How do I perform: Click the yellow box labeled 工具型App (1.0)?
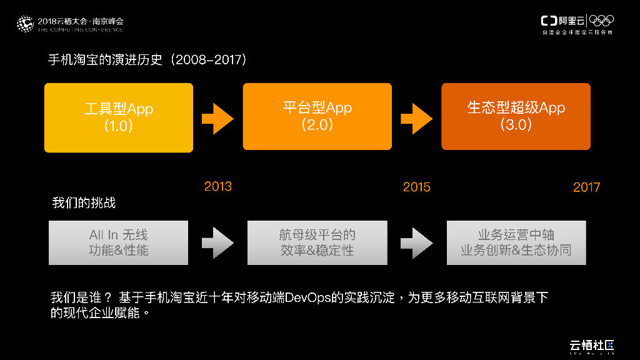point(118,117)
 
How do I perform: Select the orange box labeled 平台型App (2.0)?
point(317,116)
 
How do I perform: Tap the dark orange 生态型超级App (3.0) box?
point(516,116)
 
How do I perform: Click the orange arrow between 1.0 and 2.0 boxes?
point(217,117)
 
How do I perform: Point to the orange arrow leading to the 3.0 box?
point(416,117)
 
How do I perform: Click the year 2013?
point(217,186)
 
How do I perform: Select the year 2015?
point(416,187)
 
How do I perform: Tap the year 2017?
point(586,187)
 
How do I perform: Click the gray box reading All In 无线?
point(118,242)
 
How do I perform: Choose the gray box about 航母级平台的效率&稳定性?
point(317,242)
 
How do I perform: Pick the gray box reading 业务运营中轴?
point(516,242)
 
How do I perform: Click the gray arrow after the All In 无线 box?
point(217,242)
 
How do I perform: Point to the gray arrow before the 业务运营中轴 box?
point(416,242)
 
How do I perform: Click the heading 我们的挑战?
point(84,203)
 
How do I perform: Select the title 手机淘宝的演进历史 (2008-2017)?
point(148,60)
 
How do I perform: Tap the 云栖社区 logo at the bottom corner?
point(592,346)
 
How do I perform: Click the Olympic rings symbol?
point(602,21)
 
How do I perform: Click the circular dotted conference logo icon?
point(25,24)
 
